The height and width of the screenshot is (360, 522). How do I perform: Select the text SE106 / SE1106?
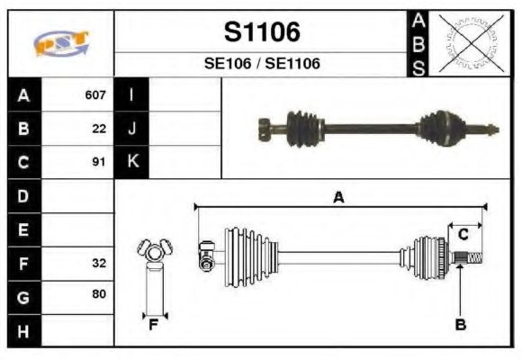pos(261,64)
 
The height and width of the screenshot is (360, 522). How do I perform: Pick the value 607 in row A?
pos(95,94)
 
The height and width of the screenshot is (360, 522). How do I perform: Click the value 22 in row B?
pos(99,128)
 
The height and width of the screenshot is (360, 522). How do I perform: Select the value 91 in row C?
pos(99,162)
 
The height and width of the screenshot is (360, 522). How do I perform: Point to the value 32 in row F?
pos(99,264)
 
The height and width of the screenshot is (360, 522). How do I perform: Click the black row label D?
pos(23,195)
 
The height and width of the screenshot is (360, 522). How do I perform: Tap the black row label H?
pos(23,331)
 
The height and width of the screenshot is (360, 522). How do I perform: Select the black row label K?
pos(131,162)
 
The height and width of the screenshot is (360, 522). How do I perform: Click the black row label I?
pos(131,94)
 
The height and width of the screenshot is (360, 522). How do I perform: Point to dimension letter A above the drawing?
pos(338,198)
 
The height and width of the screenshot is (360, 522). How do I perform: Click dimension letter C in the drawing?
pos(463,235)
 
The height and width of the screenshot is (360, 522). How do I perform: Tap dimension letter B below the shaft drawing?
pos(460,325)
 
